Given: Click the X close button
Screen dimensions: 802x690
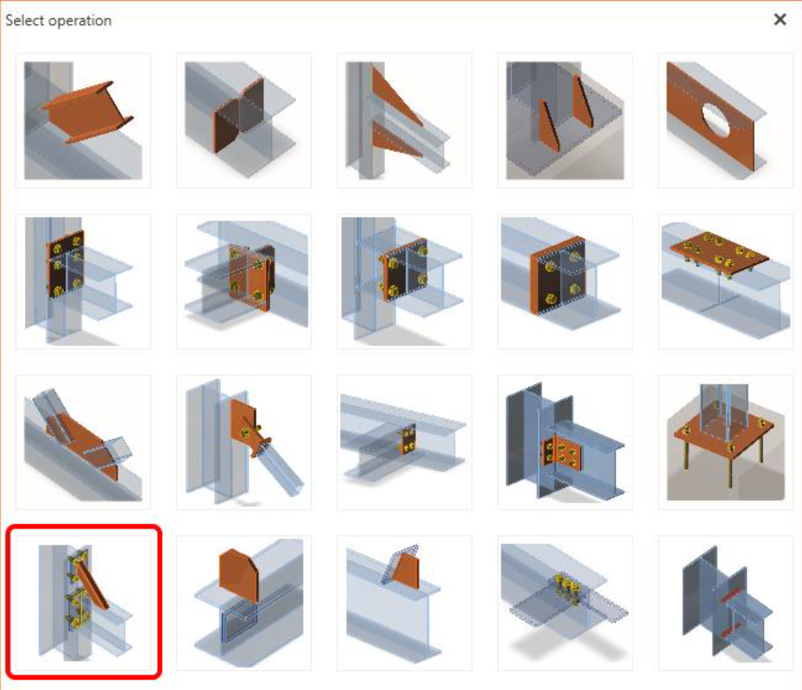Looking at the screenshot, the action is pyautogui.click(x=780, y=20).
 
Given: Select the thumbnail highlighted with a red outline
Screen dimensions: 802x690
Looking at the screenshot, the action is pyautogui.click(x=84, y=603).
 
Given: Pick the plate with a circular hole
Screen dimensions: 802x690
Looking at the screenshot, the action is pyautogui.click(x=725, y=121).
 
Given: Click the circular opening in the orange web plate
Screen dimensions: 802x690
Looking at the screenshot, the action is pyautogui.click(x=717, y=120).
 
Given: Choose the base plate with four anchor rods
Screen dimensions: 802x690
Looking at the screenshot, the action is pyautogui.click(x=725, y=442).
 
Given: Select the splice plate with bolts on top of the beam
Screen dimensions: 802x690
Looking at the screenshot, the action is pyautogui.click(x=725, y=282).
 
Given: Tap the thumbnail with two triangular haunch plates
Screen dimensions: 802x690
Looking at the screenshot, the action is pyautogui.click(x=404, y=121).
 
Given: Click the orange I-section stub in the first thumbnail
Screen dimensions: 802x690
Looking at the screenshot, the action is pyautogui.click(x=87, y=111).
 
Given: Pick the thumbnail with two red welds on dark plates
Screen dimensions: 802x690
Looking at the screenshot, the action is pyautogui.click(x=725, y=603).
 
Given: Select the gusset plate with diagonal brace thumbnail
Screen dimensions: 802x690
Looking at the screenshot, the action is pyautogui.click(x=243, y=442).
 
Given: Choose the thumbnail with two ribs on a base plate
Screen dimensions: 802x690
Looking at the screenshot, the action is pyautogui.click(x=565, y=121).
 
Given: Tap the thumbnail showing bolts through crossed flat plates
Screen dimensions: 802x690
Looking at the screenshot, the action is pyautogui.click(x=565, y=603).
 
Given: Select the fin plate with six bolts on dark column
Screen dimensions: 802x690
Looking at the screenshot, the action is pyautogui.click(x=565, y=442).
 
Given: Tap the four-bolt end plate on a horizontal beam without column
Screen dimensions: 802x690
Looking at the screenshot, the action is pyautogui.click(x=565, y=282).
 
